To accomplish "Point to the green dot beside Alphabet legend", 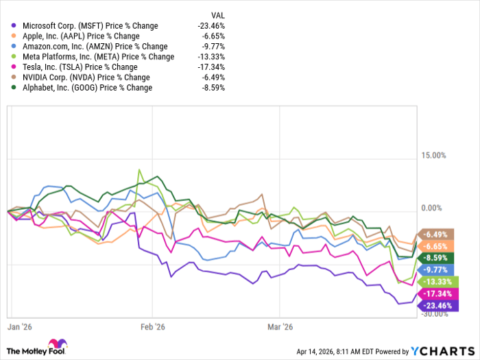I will point(12,88).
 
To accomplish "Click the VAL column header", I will point(217,14).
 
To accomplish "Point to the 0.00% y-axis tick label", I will point(437,208).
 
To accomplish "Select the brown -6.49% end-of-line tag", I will point(437,235).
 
